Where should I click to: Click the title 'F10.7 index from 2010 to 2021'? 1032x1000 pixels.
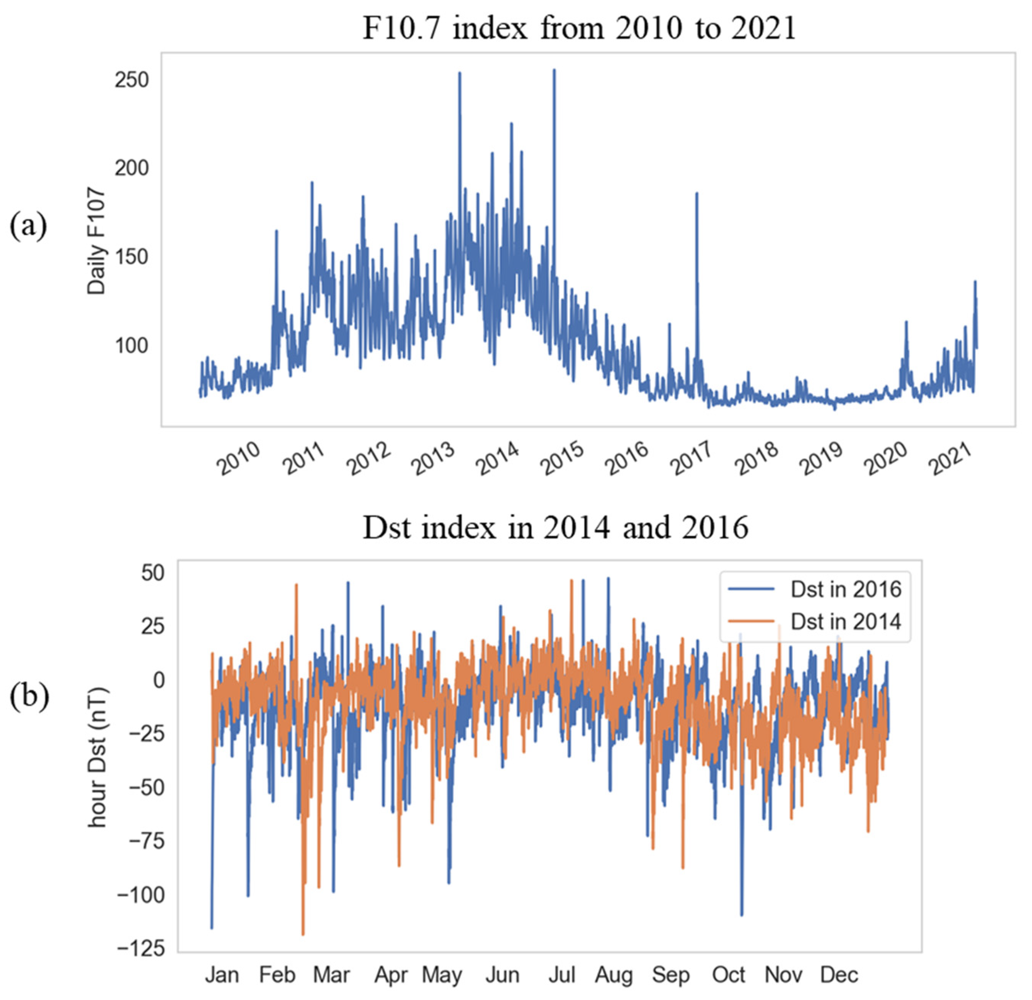579,28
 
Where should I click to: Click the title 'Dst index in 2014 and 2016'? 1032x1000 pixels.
556,527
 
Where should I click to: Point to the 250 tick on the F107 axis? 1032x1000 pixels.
132,80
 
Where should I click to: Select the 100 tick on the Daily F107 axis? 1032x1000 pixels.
132,346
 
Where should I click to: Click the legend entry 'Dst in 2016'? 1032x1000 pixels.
846,589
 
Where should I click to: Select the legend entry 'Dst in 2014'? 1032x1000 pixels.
846,622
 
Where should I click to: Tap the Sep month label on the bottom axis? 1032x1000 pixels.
670,975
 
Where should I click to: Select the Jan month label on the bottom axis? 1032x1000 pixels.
222,975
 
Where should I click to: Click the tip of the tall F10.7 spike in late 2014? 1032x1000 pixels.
554,70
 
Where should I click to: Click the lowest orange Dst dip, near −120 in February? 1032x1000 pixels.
303,934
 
